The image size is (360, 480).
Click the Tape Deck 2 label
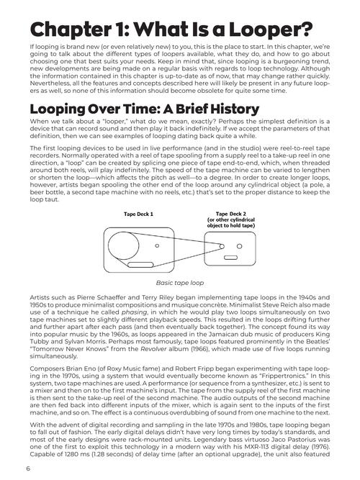233,214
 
